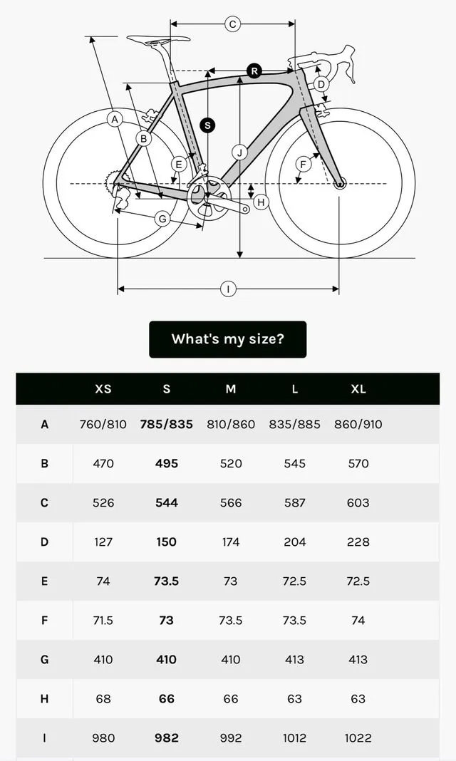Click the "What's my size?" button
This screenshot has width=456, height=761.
[x=227, y=339]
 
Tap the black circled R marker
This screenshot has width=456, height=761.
[x=254, y=71]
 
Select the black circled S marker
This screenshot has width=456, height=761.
[x=207, y=125]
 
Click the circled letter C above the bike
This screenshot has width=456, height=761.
[x=232, y=24]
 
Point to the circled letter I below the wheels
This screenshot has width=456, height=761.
[x=228, y=289]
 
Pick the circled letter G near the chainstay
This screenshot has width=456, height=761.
[x=162, y=219]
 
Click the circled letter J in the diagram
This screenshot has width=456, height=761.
[x=240, y=152]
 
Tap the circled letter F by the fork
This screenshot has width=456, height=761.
[x=303, y=165]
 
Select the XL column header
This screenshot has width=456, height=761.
[x=358, y=389]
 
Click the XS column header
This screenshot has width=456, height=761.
[x=103, y=389]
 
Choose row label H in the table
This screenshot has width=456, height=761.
[x=44, y=699]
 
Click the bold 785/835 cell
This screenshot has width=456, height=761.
[x=167, y=425]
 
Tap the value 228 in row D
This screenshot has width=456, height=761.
[x=358, y=542]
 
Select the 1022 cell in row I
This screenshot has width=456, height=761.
[x=358, y=738]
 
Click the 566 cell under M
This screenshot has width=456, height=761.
[x=231, y=503]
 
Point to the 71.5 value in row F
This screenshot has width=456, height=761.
[x=103, y=621]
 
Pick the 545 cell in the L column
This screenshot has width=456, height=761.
[x=294, y=464]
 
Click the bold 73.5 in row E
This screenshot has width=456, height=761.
[x=167, y=581]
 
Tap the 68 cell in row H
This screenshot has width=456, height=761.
[x=103, y=699]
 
